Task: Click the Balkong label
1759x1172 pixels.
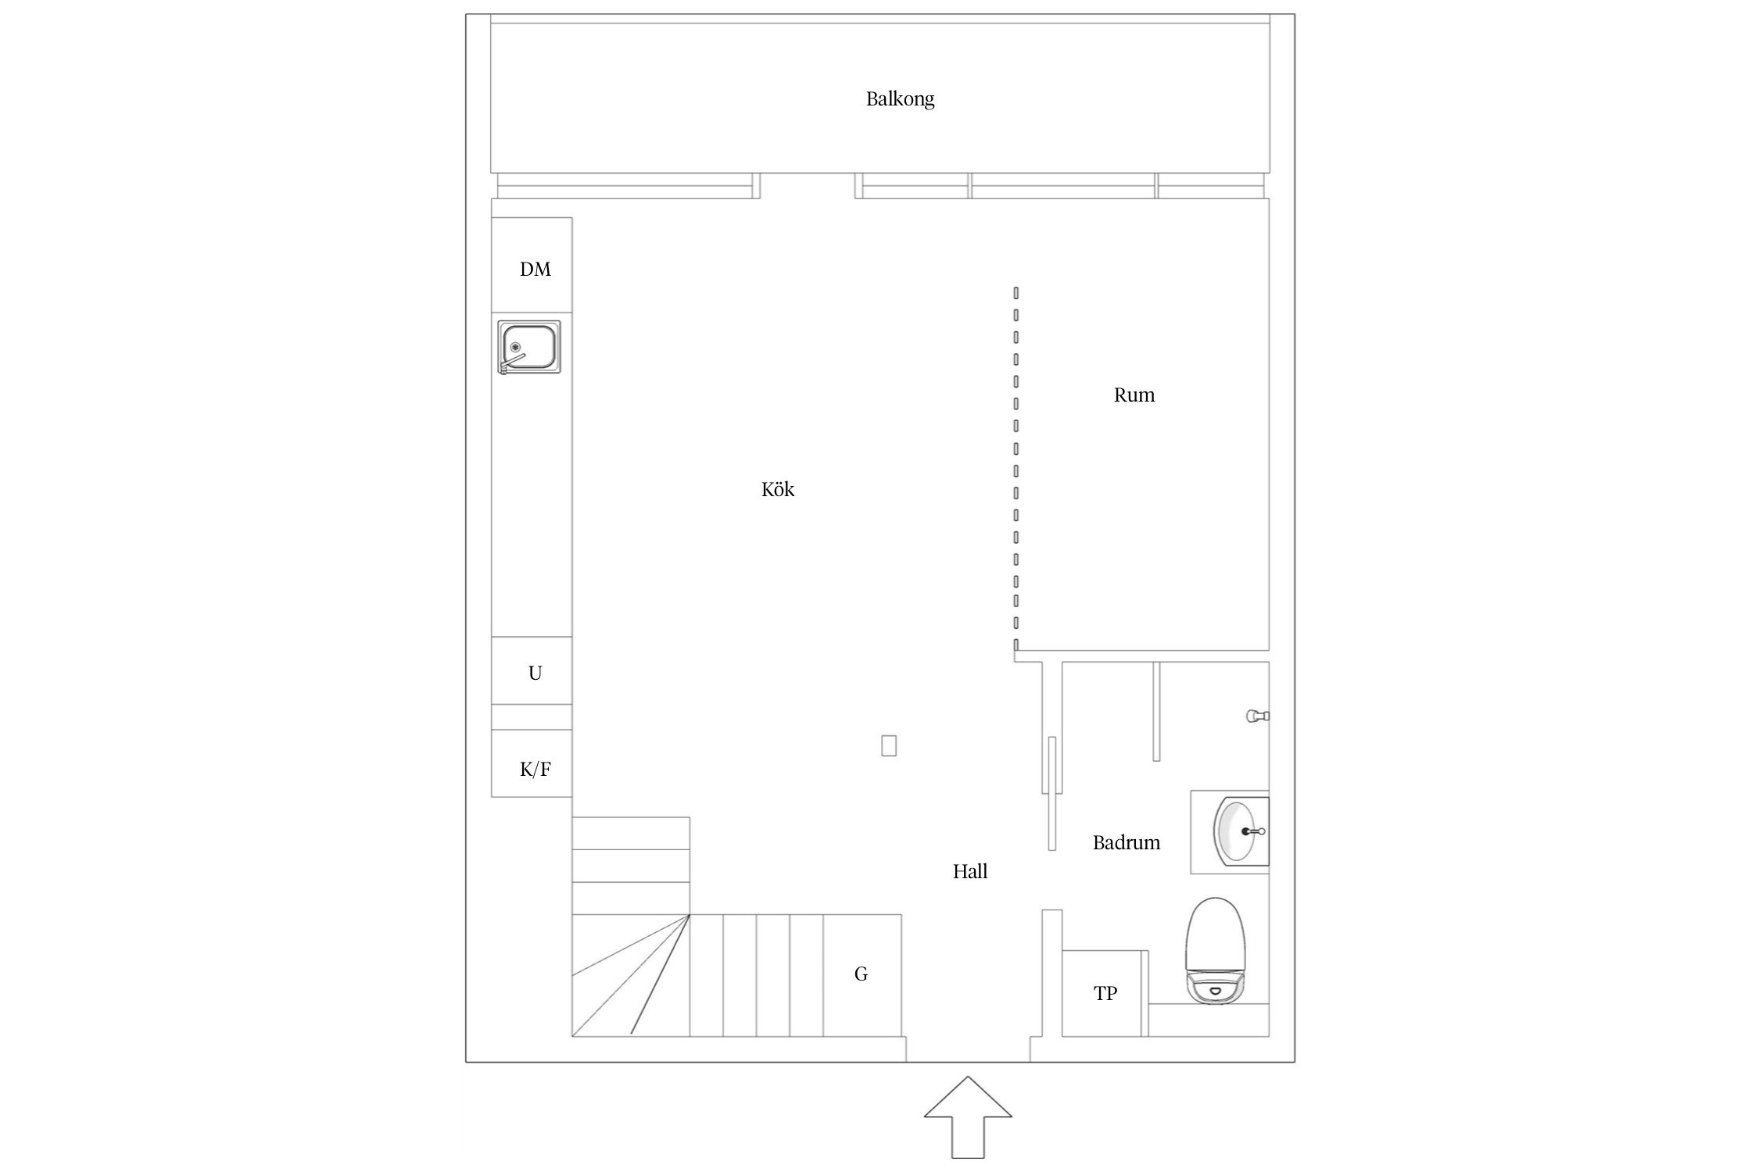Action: [900, 99]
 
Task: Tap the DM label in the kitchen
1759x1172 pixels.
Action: [536, 270]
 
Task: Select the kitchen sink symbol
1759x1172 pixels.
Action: [530, 347]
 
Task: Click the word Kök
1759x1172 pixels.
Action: [778, 489]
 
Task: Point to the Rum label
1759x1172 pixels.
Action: [1134, 395]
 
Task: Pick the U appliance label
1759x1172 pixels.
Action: [535, 673]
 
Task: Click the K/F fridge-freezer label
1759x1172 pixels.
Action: [536, 770]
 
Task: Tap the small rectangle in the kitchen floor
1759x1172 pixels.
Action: [888, 745]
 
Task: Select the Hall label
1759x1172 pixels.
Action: [970, 871]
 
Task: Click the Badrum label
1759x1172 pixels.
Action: [1127, 842]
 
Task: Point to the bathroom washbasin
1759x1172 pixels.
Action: [1240, 831]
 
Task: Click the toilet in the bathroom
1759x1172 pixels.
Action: [1213, 951]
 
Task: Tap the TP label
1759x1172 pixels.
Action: [1105, 993]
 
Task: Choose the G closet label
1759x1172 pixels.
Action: [861, 974]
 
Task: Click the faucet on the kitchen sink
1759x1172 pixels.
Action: [512, 363]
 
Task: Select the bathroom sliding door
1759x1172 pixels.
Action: [1052, 793]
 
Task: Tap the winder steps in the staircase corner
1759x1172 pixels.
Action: [631, 975]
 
